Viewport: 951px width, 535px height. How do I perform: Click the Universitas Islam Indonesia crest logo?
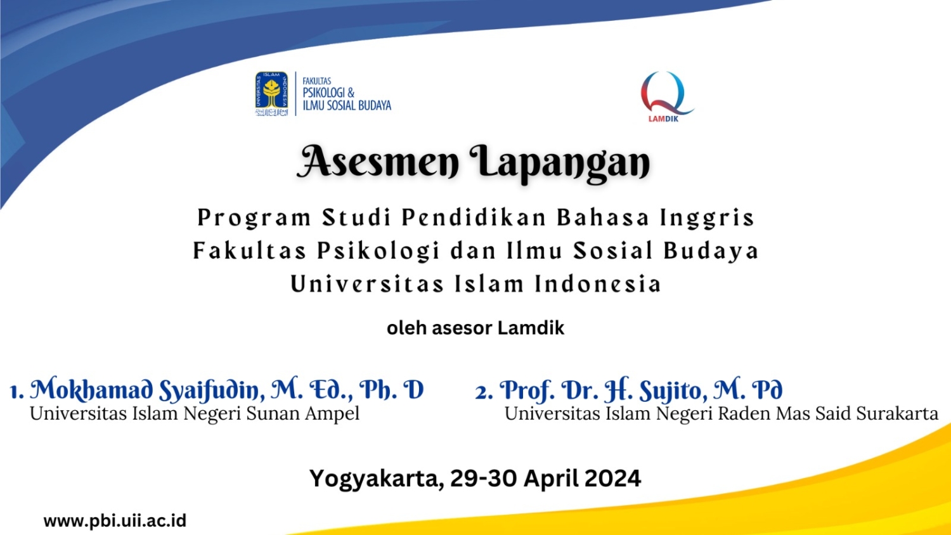coord(272,94)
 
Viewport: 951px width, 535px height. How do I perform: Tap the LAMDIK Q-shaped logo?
coord(666,96)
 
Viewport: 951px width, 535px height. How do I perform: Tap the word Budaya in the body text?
coord(711,251)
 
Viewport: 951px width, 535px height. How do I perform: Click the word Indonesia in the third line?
coord(598,284)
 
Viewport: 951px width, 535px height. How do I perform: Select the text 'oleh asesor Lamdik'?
coord(475,328)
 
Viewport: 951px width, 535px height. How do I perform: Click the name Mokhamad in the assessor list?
coord(91,389)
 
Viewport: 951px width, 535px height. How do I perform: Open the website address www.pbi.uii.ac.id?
coord(115,521)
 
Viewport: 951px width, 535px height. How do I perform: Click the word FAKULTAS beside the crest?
coord(317,81)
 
